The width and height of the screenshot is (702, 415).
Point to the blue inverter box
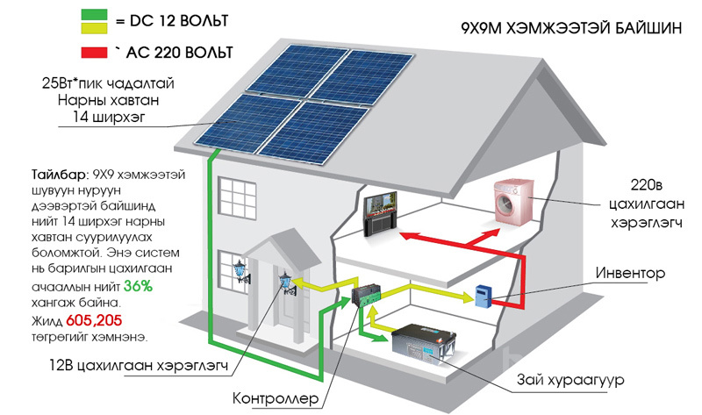click(481, 295)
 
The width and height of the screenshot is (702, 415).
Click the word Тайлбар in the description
click(38, 174)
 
